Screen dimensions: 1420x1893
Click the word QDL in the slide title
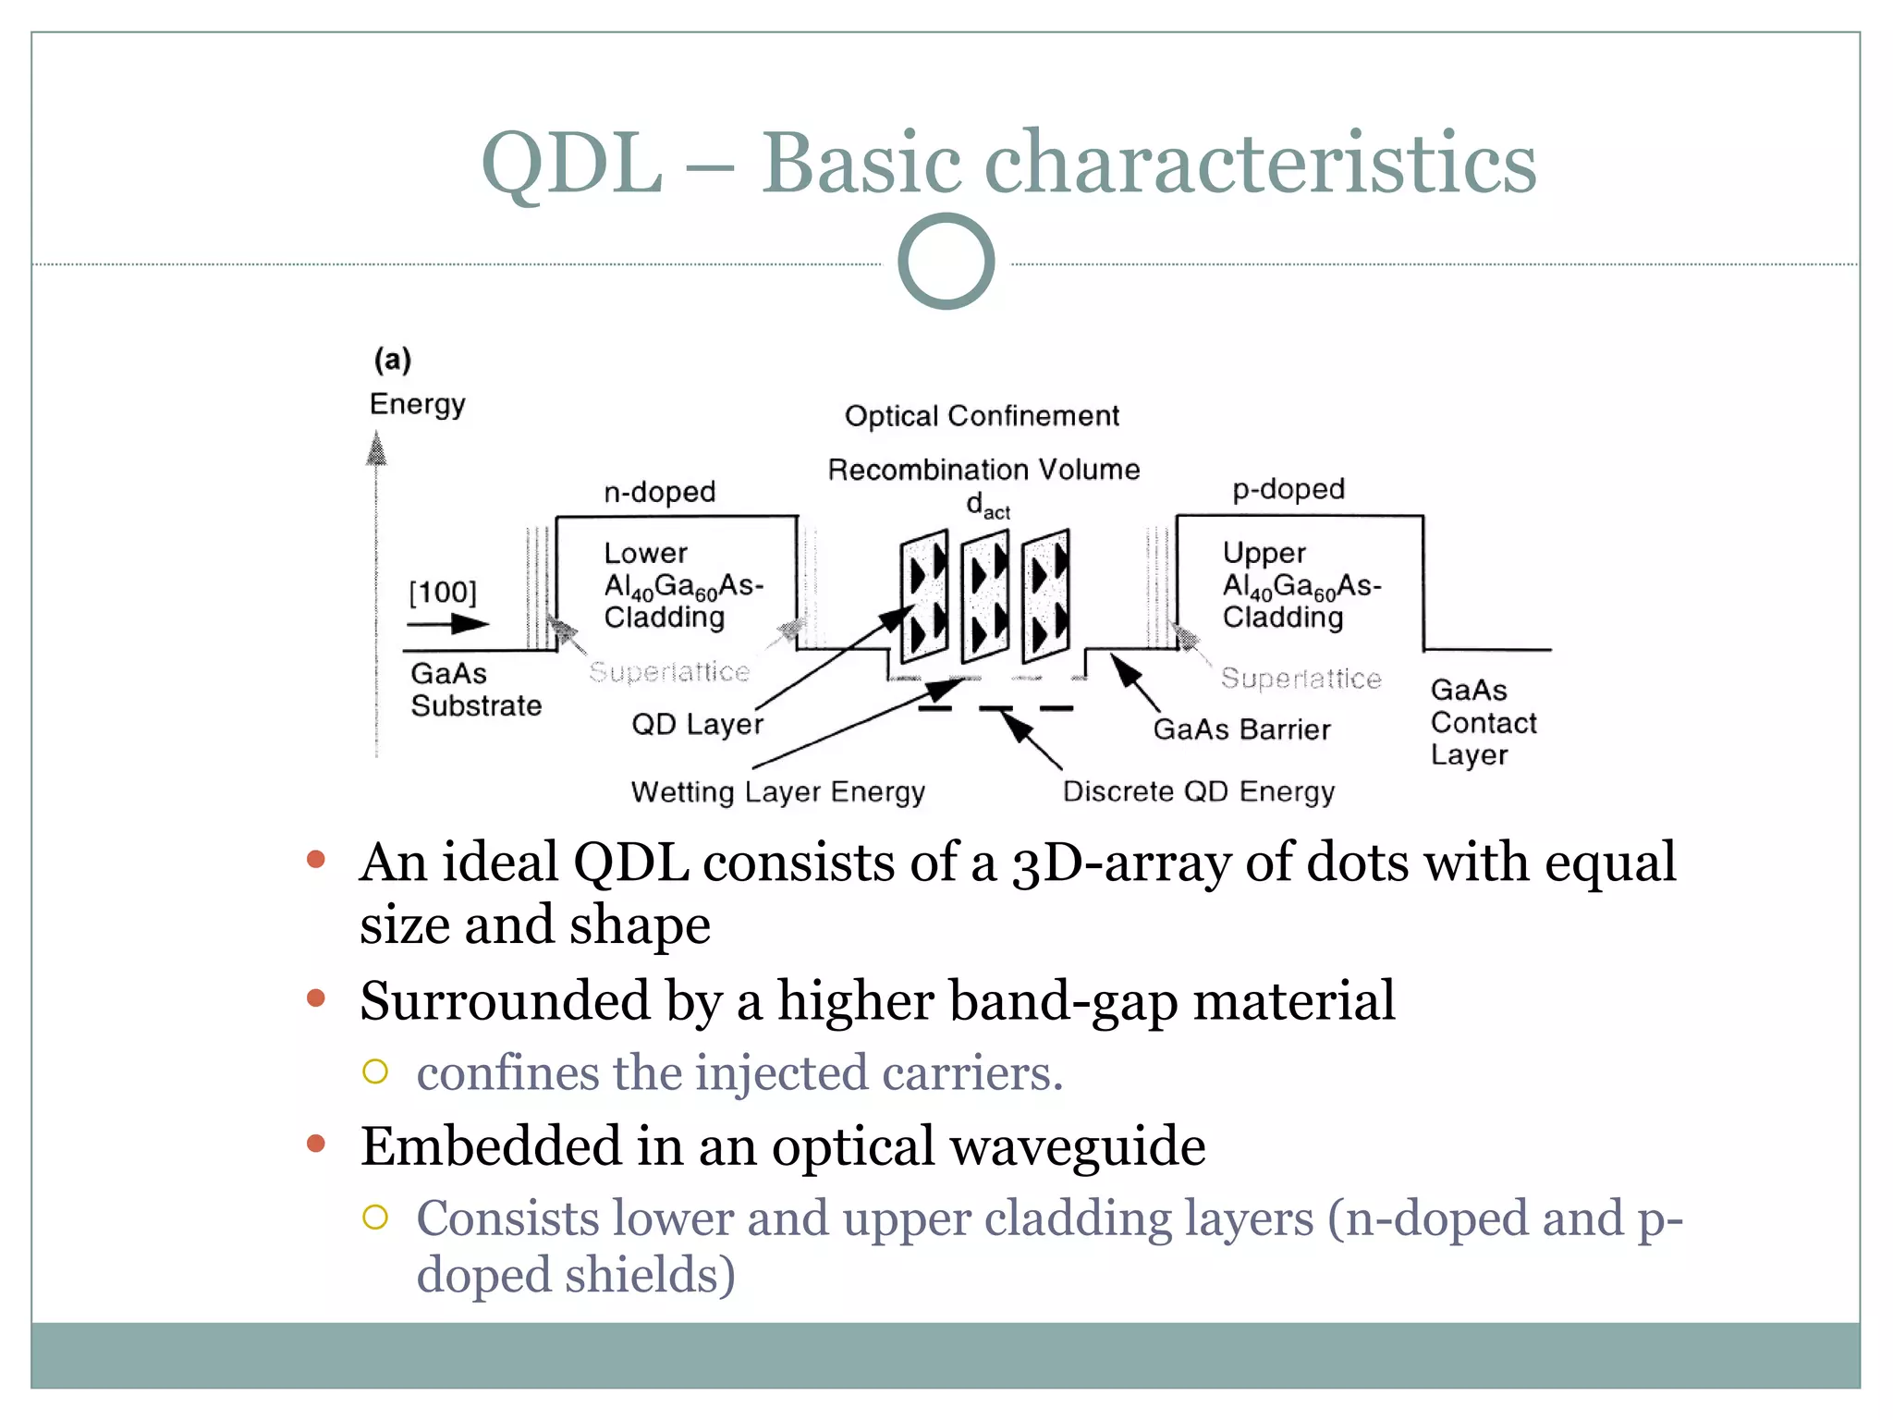point(572,164)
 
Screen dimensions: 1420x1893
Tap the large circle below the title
point(946,262)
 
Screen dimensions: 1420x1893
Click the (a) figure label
point(393,360)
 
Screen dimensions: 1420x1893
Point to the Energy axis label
point(417,404)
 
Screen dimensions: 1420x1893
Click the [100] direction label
point(443,593)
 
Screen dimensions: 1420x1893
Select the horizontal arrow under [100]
point(447,624)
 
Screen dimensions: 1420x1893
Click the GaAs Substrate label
point(475,690)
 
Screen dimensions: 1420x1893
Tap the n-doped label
point(659,491)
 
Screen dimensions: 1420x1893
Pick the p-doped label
point(1288,489)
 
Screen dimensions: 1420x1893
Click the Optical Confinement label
point(981,416)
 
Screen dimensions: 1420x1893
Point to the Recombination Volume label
point(983,470)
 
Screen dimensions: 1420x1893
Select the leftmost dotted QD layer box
point(924,596)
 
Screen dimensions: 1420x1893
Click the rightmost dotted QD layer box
point(1045,596)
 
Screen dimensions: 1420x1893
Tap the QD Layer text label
point(697,724)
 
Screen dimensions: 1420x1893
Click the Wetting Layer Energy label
point(777,792)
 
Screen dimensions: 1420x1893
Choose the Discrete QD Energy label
point(1198,792)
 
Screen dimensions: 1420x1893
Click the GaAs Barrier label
point(1241,729)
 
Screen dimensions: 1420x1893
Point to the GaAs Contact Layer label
point(1482,722)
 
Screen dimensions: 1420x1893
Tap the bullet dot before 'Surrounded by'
point(316,998)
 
